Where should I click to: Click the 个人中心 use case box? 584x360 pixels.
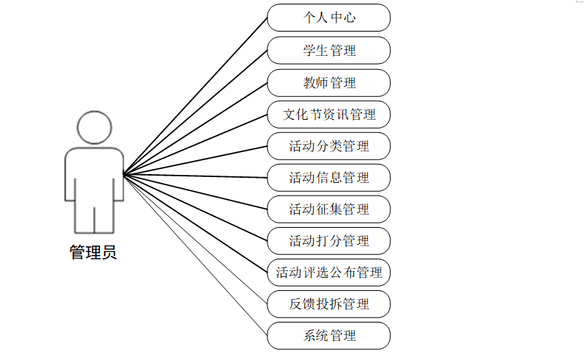(x=328, y=18)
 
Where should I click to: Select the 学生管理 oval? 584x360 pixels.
(x=328, y=50)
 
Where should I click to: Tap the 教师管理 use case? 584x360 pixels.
(x=328, y=82)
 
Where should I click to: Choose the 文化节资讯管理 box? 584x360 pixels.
(x=328, y=114)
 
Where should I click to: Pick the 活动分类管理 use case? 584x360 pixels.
(x=328, y=145)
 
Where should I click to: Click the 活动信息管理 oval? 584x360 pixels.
(x=328, y=177)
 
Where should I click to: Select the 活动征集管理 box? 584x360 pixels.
(x=328, y=209)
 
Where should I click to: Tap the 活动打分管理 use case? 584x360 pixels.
(x=328, y=240)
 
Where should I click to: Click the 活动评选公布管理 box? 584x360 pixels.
(x=328, y=273)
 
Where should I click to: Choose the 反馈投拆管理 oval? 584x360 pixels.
(x=328, y=303)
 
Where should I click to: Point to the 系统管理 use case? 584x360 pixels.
(x=328, y=336)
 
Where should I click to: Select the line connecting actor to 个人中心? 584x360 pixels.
(x=195, y=96)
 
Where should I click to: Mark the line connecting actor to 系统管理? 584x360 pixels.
(x=195, y=256)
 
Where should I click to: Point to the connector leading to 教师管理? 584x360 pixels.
(x=195, y=128)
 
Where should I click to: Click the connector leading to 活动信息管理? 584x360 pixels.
(x=195, y=176)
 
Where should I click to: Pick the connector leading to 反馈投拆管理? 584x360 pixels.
(x=195, y=240)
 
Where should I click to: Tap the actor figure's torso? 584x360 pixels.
(x=93, y=173)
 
